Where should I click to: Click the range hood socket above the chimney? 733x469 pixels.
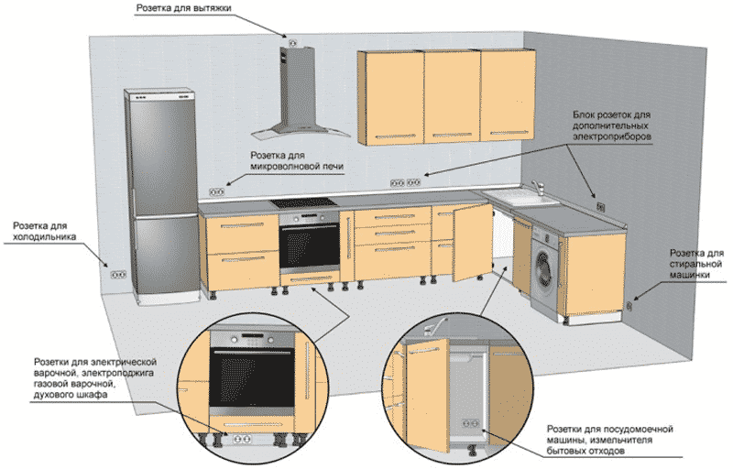293,43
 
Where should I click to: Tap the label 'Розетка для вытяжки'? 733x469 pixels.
184,8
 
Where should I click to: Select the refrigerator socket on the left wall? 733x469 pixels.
118,275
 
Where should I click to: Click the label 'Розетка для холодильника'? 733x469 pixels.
44,231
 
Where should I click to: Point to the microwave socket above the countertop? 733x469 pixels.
216,191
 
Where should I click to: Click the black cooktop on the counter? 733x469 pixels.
304,202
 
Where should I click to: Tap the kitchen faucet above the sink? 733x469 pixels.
539,188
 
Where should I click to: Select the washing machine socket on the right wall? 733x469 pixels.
629,307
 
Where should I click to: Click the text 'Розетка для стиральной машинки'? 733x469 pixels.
696,264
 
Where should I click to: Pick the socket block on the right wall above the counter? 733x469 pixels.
601,206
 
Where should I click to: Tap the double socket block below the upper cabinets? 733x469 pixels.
405,182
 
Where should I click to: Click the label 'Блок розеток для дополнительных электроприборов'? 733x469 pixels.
612,125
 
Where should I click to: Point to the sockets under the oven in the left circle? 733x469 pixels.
243,439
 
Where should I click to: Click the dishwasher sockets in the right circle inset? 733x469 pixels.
471,424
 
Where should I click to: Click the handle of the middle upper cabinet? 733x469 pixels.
452,136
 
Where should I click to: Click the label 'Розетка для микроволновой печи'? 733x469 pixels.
297,160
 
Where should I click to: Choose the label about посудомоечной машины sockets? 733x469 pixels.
609,440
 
